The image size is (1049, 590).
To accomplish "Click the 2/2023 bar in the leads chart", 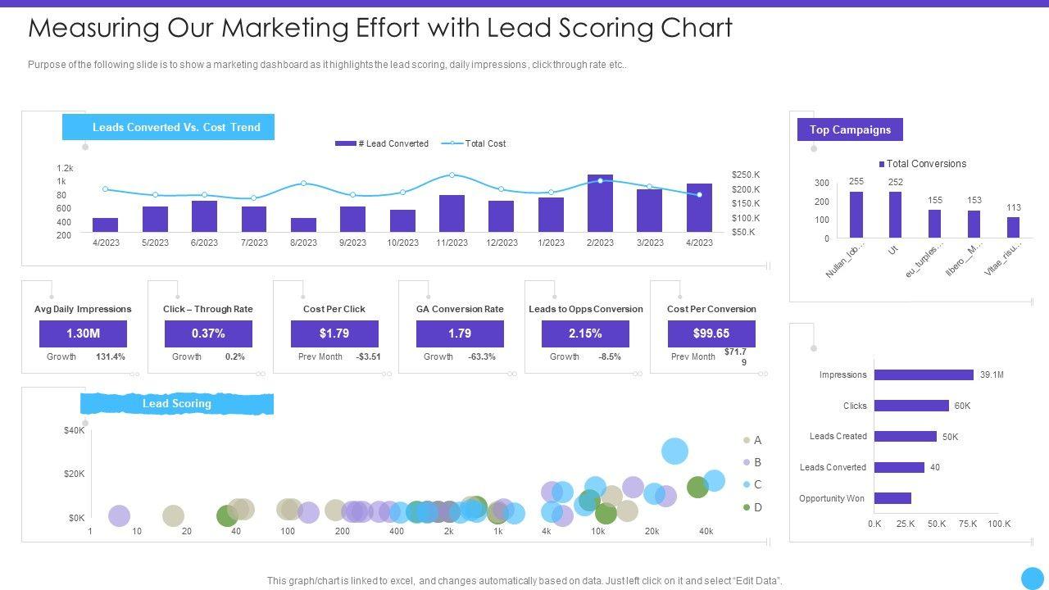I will (600, 204).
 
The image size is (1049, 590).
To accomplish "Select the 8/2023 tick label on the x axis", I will (303, 243).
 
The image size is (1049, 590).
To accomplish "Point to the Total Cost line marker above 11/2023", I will (452, 175).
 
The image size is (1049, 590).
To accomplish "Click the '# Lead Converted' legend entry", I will (382, 143).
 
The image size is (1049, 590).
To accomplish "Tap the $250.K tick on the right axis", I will (746, 175).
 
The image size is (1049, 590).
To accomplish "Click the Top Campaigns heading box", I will (850, 129).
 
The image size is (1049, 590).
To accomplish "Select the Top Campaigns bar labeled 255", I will (856, 214).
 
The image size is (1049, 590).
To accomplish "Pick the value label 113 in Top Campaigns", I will (1014, 208).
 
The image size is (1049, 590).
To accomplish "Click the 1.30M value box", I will (83, 334).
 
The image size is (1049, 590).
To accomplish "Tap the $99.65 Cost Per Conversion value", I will (711, 334).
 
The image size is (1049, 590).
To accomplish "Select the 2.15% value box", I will (585, 334).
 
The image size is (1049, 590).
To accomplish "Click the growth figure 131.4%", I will (111, 356).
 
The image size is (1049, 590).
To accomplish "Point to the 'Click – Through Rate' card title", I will (208, 309).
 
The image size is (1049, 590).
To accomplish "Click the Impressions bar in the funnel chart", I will (924, 374).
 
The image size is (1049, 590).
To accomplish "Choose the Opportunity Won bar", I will (892, 498).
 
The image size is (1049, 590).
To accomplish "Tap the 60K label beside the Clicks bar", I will (962, 406).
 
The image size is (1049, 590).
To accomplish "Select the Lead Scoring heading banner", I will (177, 403).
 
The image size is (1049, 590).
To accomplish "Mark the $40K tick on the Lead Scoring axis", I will (75, 430).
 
